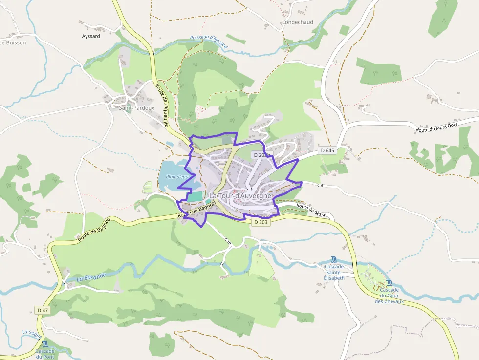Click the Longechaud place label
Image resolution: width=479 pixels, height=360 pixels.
[x=297, y=22]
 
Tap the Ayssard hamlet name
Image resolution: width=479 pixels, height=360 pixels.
[x=91, y=36]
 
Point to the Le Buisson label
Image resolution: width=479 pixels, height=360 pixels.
[x=13, y=42]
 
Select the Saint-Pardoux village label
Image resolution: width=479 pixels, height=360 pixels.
[x=136, y=108]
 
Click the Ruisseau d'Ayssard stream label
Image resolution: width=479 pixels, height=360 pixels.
[x=209, y=42]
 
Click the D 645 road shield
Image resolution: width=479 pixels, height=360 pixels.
[x=328, y=150]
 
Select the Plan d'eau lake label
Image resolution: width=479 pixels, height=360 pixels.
[x=177, y=176]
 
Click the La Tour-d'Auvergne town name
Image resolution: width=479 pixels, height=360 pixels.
[x=240, y=196]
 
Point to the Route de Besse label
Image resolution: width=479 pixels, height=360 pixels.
[x=311, y=211]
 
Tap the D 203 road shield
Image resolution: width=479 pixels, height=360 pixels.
[x=261, y=222]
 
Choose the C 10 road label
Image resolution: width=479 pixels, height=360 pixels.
[x=228, y=241]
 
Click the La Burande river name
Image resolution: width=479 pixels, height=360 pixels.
[x=91, y=277]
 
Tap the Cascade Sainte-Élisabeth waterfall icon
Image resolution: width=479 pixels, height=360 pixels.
[x=334, y=259]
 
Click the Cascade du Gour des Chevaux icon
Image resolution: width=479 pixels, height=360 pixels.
[x=389, y=283]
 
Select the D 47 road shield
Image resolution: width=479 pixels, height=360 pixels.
[x=43, y=310]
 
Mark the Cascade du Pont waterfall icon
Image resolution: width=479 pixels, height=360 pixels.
[x=45, y=344]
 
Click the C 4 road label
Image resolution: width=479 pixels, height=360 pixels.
[x=320, y=185]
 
